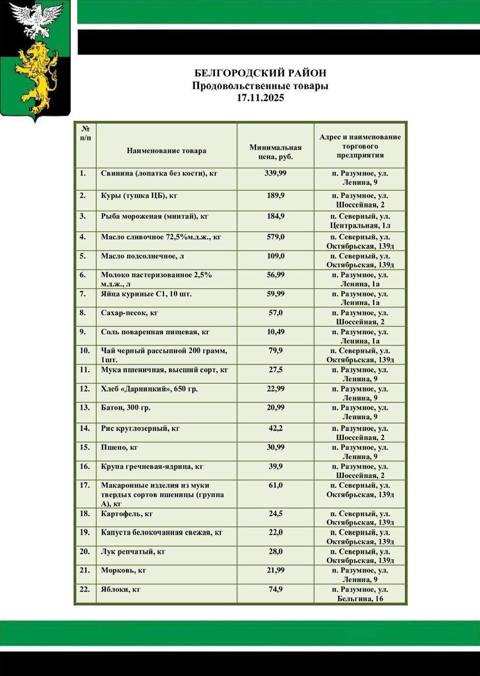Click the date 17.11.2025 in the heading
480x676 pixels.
coord(261,98)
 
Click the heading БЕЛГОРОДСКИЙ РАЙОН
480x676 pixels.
coord(261,73)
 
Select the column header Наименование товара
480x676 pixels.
coord(167,151)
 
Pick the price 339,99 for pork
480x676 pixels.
coord(275,173)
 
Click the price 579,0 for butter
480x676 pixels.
coord(275,237)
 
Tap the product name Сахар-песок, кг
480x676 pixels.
coord(130,313)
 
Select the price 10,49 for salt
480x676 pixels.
coord(275,332)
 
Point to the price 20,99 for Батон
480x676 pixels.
coord(275,408)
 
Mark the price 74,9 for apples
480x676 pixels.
coord(275,589)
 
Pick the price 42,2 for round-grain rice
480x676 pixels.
coord(275,428)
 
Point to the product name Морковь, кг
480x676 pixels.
coord(123,570)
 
